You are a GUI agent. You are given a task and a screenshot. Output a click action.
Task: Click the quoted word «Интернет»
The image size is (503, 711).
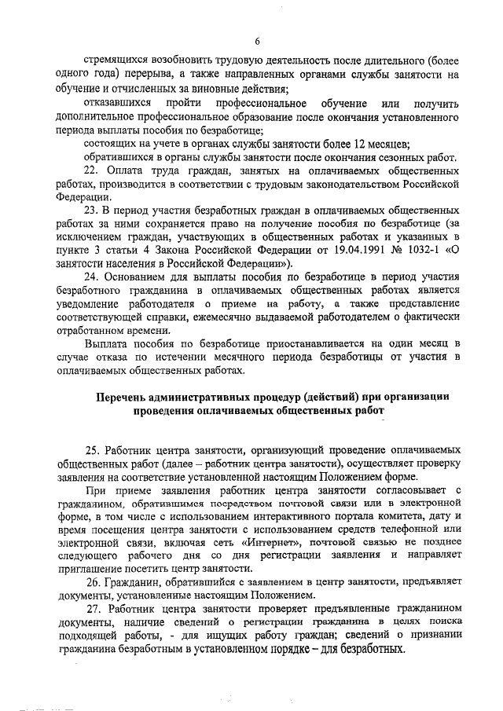tap(268, 541)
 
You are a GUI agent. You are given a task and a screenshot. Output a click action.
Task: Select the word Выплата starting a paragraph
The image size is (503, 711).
tap(104, 343)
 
